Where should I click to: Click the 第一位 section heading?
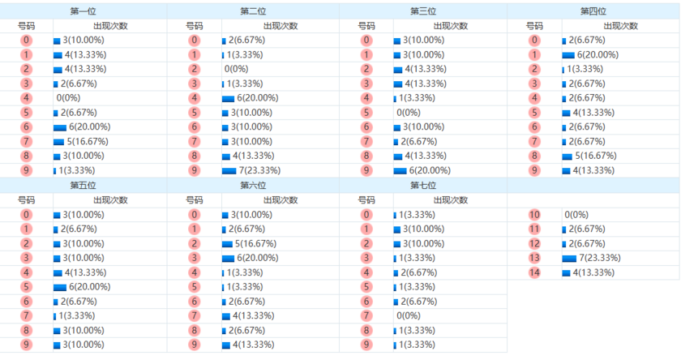click(83, 11)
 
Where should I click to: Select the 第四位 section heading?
click(593, 11)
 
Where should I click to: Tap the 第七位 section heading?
click(422, 186)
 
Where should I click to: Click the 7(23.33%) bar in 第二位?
click(229, 171)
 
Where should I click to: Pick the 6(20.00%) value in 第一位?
click(84, 127)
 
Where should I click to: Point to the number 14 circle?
click(534, 272)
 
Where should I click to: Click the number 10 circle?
click(534, 215)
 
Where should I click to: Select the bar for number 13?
click(568, 258)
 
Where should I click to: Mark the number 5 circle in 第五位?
click(26, 287)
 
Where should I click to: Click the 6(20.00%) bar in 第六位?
click(228, 258)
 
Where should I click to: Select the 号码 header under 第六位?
click(195, 200)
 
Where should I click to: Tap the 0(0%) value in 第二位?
click(238, 70)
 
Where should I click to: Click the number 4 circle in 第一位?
click(26, 98)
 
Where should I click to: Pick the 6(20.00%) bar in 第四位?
click(568, 55)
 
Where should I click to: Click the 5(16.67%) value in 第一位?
click(84, 142)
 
